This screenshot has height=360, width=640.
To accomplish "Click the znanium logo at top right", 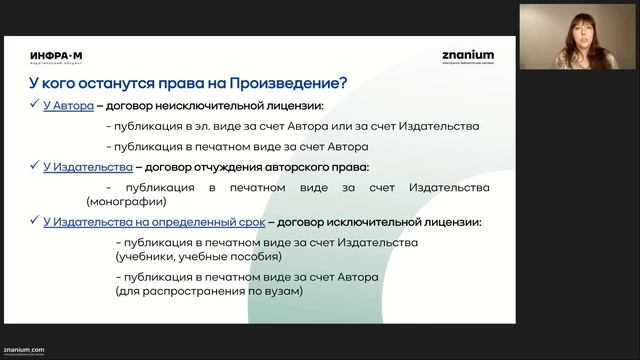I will click(466, 56).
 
